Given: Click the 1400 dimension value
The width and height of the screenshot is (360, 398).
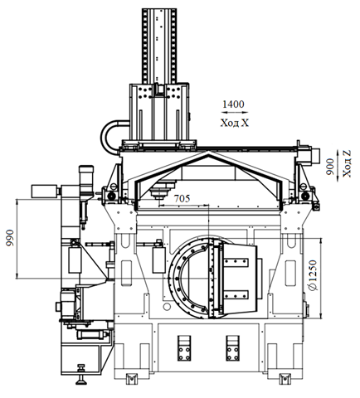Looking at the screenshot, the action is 233,104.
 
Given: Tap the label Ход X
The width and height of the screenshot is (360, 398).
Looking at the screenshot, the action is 235,123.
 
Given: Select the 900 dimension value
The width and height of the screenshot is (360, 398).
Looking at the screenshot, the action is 330,167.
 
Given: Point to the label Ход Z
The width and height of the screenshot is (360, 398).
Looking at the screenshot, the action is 347,163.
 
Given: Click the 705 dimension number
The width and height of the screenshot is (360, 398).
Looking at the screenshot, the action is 182,198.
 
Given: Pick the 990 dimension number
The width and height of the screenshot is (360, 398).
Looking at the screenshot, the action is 10,238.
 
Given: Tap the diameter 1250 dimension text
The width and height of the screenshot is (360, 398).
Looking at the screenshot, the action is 314,275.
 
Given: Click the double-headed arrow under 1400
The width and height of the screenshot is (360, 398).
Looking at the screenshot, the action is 235,113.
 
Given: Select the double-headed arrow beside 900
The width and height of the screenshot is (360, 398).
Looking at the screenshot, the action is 338,166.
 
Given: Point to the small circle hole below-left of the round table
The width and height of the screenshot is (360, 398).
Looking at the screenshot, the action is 167,307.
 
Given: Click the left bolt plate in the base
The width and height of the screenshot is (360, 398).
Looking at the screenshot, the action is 184,348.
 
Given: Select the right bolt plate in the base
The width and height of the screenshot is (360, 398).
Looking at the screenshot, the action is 232,348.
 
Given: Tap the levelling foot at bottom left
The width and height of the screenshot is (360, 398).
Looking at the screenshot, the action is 81,375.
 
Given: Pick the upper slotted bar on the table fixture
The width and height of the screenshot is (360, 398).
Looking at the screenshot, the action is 236,263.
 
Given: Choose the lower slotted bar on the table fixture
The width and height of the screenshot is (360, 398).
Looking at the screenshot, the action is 236,295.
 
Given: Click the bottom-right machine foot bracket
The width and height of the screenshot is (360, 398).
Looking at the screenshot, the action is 285,379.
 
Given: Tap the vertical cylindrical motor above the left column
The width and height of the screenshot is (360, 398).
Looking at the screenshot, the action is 86,179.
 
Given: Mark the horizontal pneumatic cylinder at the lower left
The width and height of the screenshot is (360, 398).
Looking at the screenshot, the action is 92,335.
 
